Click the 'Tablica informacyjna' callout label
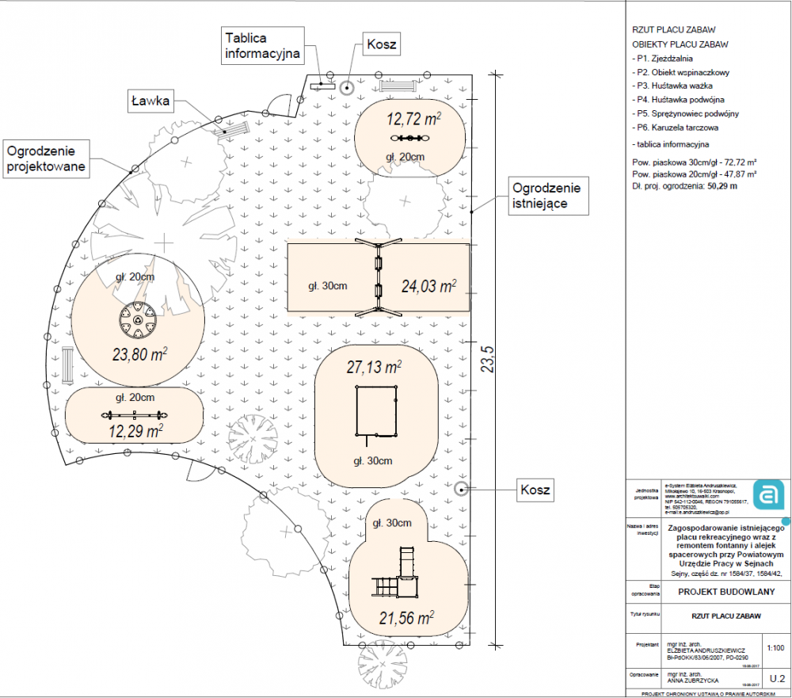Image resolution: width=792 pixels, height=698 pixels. pyautogui.click(x=262, y=47)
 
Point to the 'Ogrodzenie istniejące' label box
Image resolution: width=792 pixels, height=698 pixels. pyautogui.click(x=546, y=196)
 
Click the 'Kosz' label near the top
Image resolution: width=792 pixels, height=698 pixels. pyautogui.click(x=380, y=44)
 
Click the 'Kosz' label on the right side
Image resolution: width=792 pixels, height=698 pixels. pyautogui.click(x=535, y=488)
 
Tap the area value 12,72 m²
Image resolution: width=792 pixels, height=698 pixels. pyautogui.click(x=413, y=120)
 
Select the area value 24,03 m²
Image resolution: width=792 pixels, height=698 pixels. pyautogui.click(x=428, y=286)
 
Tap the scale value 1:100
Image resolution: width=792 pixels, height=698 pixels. pyautogui.click(x=775, y=647)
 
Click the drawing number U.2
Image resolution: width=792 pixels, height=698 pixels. pyautogui.click(x=775, y=678)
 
